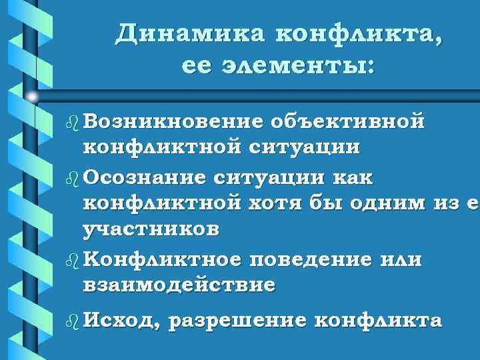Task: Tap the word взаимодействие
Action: [179, 285]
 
